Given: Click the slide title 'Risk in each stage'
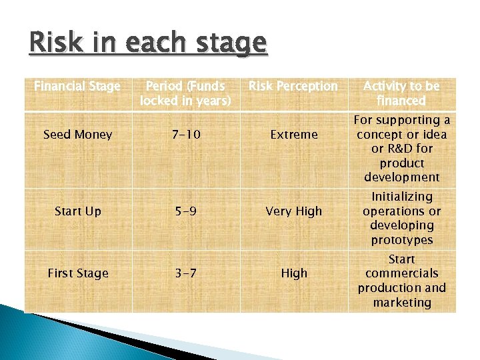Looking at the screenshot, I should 147,44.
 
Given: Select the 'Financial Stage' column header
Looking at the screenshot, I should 77,86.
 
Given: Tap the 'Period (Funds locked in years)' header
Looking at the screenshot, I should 185,93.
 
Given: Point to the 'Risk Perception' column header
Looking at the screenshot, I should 293,86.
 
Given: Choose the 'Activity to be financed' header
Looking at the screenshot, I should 401,93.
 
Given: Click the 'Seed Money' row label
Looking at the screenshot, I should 77,135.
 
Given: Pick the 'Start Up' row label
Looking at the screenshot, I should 77,211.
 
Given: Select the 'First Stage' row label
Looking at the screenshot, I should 77,273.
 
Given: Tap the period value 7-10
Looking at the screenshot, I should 185,135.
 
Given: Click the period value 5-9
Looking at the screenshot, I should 185,211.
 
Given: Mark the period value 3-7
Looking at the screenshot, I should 185,273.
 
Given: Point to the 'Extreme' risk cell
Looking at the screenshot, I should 293,135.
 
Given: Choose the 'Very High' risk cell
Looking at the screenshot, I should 293,211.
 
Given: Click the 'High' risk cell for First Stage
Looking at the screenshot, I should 293,273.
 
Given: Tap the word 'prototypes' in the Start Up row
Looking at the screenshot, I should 401,240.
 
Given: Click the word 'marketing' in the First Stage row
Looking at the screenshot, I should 401,303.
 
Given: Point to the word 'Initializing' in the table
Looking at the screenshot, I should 401,197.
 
